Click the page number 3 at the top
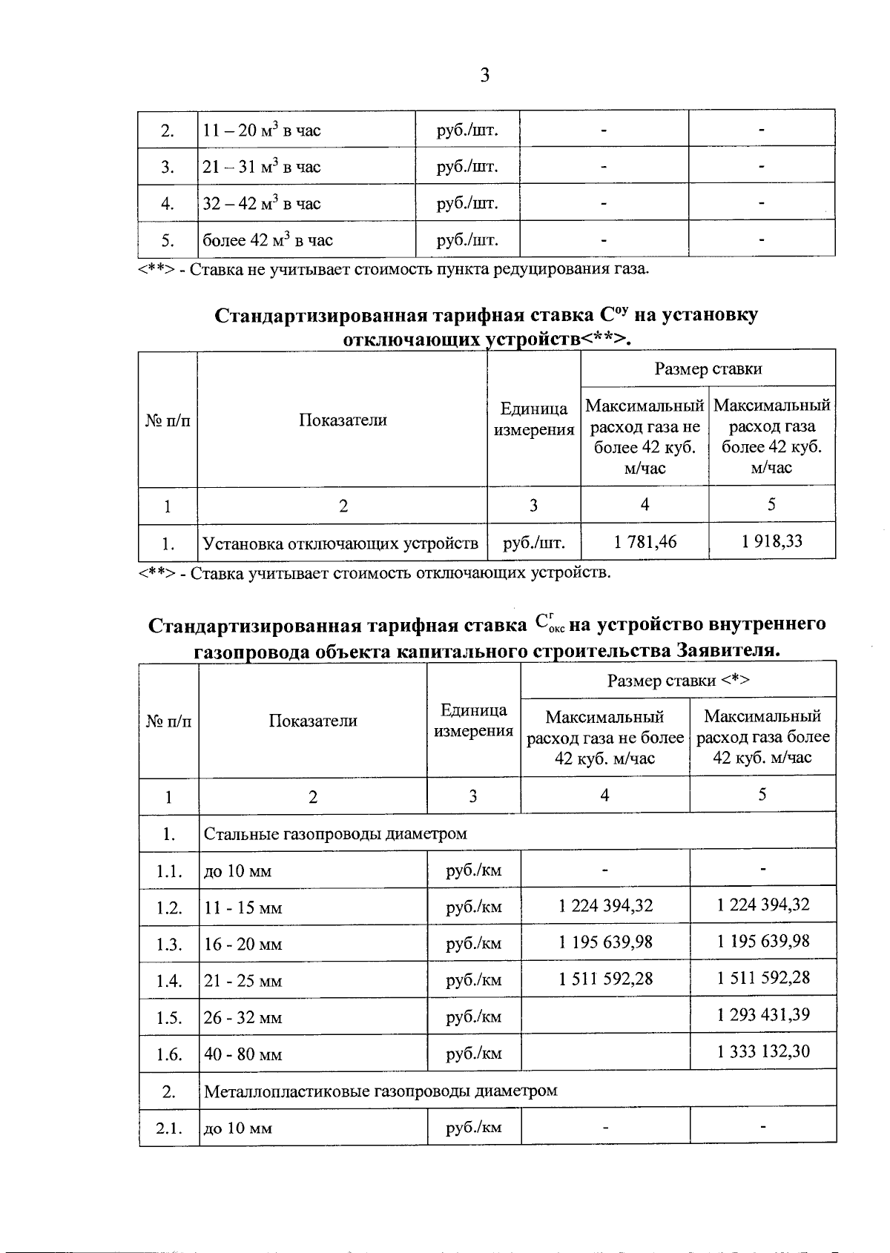click(484, 75)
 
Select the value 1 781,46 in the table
click(645, 542)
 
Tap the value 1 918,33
click(771, 541)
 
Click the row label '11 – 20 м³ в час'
click(262, 131)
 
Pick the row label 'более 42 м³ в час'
click(268, 240)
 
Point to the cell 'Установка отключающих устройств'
click(340, 544)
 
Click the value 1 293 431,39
click(763, 1014)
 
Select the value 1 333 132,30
click(763, 1051)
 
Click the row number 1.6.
click(169, 1054)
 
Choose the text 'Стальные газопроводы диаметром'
click(335, 833)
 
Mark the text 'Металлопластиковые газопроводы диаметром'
click(380, 1091)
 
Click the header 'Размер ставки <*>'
click(679, 681)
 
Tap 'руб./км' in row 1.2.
click(473, 907)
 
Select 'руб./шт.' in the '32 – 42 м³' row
click(467, 203)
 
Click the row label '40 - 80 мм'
click(243, 1054)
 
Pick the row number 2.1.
click(169, 1128)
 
